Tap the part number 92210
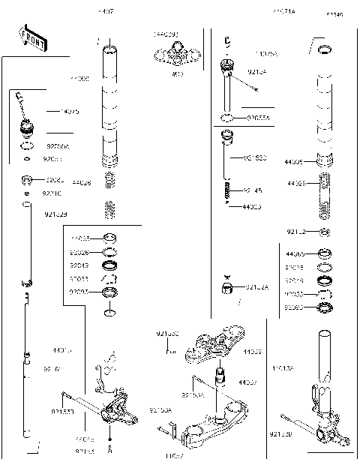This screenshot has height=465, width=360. tap(53, 193)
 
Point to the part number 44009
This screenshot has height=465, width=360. tap(295, 162)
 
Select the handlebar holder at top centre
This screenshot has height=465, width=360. tap(176, 55)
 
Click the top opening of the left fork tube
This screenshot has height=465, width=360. tap(109, 49)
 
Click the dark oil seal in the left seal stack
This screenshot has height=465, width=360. tap(109, 265)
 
